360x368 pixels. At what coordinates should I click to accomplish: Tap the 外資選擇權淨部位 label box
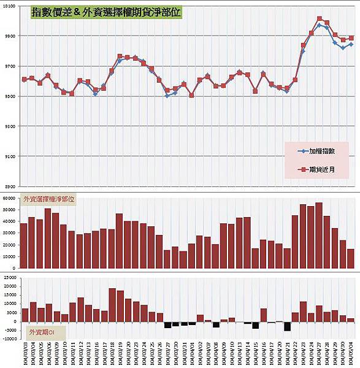(x=48, y=199)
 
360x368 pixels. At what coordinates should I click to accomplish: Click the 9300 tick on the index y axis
(x=10, y=126)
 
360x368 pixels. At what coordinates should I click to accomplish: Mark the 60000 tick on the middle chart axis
(x=9, y=198)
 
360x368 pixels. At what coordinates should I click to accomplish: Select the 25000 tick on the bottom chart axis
(x=9, y=278)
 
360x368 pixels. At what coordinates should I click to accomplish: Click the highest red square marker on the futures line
(x=320, y=19)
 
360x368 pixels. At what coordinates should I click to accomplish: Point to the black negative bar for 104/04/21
(x=287, y=326)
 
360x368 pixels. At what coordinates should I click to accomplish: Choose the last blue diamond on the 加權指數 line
(x=351, y=44)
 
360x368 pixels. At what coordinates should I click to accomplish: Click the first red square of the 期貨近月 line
(x=24, y=79)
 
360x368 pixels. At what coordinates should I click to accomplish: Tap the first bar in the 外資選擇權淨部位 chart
(x=24, y=246)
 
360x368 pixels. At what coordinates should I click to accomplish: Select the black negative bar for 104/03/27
(x=167, y=325)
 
